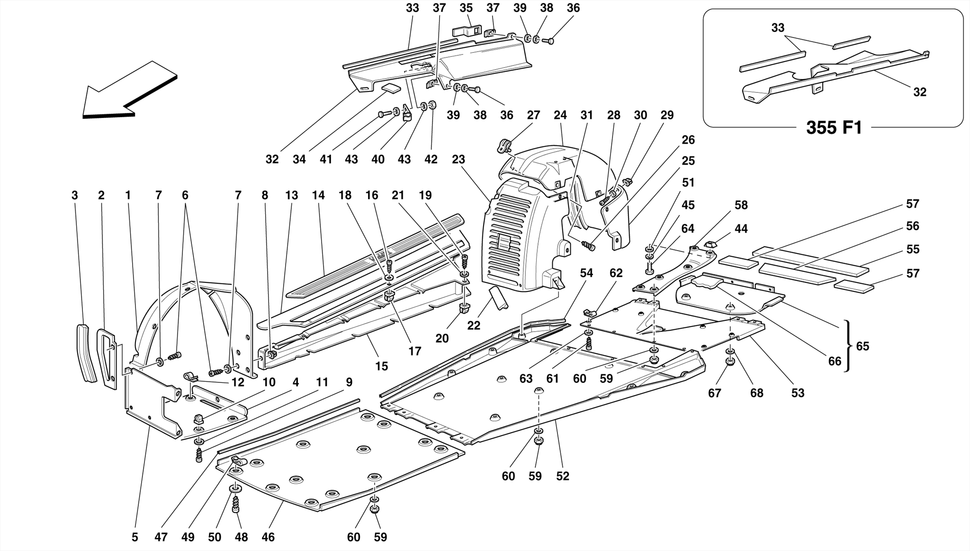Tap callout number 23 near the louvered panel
(458, 160)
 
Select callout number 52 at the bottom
(562, 476)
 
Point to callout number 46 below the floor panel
(268, 537)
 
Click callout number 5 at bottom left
(135, 537)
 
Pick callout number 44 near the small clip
(741, 229)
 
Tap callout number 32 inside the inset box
(919, 92)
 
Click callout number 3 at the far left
(74, 195)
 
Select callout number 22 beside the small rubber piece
(473, 325)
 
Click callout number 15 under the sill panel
(381, 366)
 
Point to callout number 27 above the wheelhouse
(533, 115)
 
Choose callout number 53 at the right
(798, 393)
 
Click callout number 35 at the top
(466, 8)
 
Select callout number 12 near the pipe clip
(237, 382)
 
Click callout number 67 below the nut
(714, 393)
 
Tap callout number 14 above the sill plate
(318, 195)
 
